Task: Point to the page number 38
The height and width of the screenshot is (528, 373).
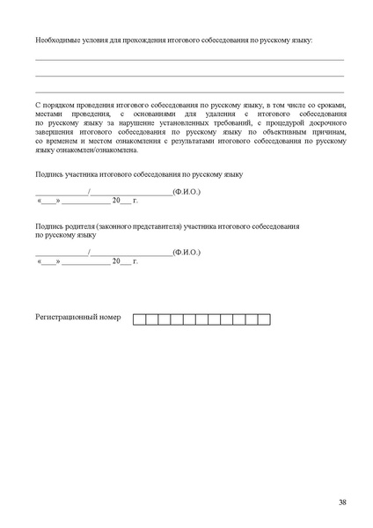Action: coord(342,502)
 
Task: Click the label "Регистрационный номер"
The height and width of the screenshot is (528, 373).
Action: coord(77,315)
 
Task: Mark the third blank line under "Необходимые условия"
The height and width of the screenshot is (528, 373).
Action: coord(189,92)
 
